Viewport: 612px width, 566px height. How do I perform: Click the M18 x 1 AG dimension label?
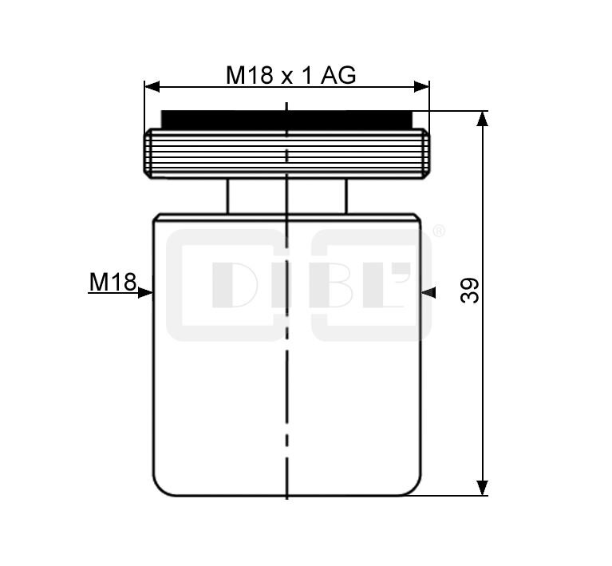[x=290, y=75]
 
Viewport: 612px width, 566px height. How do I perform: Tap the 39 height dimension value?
[x=469, y=291]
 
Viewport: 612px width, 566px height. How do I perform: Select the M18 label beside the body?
[x=113, y=282]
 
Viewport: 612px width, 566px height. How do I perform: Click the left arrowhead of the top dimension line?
[x=152, y=87]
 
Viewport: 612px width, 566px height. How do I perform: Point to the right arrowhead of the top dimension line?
[x=421, y=87]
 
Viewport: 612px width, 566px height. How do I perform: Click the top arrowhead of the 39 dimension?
[x=483, y=118]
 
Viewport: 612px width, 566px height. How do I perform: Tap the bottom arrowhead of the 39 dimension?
[x=483, y=488]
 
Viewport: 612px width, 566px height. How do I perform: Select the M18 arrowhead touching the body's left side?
[x=145, y=292]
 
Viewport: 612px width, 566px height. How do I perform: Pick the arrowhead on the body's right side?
[x=428, y=292]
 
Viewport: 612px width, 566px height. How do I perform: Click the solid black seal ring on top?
[x=286, y=120]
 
